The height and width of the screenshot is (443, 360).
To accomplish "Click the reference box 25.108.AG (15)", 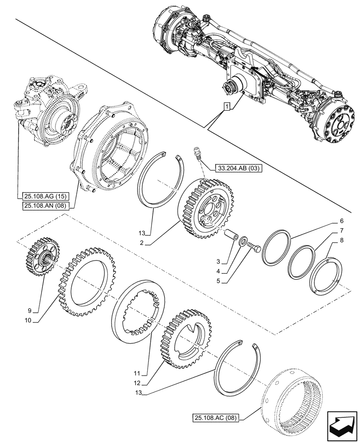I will (x=43, y=195).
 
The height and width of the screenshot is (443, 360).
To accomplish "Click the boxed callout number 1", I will (x=227, y=107).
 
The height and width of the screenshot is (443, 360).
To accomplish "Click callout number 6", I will (x=341, y=221).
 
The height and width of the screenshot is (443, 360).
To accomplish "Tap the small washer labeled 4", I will (x=243, y=242).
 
